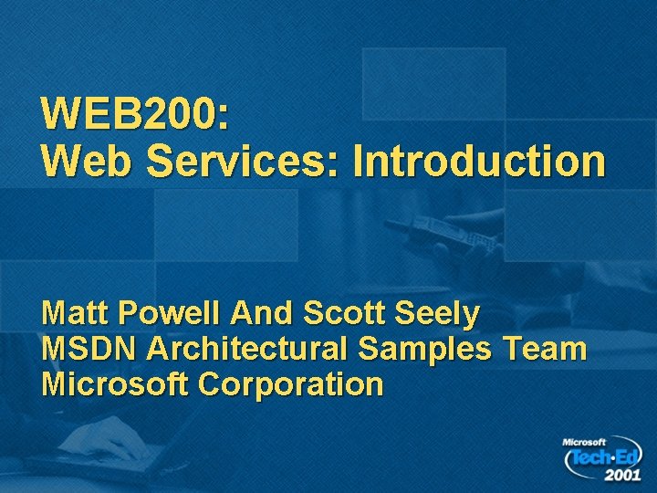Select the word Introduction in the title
[x=479, y=162]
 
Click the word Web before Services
[x=88, y=162]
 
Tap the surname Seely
[x=439, y=314]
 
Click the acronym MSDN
[x=89, y=349]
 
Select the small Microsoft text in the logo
[x=584, y=442]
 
